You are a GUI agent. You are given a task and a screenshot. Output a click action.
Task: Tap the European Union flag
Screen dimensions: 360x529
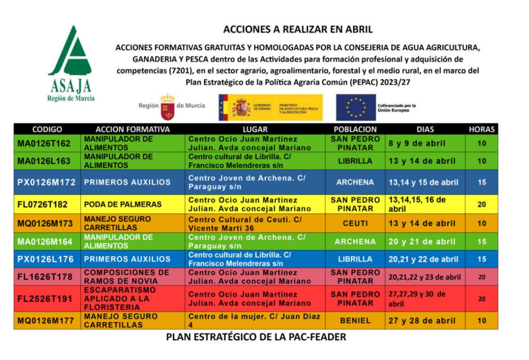tap(355, 107)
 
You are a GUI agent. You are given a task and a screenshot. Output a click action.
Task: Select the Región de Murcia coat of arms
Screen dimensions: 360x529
tap(167, 107)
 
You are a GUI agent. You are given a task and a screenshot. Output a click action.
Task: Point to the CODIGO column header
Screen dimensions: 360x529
tap(47, 129)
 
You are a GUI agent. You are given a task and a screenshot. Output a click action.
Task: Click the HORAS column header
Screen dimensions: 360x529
tap(481, 129)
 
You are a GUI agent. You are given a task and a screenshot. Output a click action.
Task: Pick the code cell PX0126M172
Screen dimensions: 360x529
tap(47, 182)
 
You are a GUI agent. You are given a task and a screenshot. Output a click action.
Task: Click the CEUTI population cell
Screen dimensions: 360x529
tap(355, 224)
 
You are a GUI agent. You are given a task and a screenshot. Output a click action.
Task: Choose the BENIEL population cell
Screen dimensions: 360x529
tap(355, 321)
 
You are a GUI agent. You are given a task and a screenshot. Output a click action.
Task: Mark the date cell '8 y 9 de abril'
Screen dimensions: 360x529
tap(417, 143)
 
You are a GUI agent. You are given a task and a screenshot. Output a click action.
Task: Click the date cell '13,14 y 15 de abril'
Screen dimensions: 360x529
tap(423, 182)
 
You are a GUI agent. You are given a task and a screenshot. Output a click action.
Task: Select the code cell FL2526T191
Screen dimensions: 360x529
tap(45, 298)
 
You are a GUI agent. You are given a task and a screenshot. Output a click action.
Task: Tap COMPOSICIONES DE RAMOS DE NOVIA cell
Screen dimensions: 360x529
tap(127, 277)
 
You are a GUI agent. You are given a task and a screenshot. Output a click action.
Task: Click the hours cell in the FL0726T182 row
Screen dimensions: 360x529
tap(481, 204)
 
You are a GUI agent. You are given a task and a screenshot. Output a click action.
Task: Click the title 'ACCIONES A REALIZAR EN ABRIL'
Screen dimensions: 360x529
tap(298, 29)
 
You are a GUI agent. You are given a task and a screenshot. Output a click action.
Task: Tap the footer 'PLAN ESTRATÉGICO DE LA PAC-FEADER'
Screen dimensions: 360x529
tap(256, 337)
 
